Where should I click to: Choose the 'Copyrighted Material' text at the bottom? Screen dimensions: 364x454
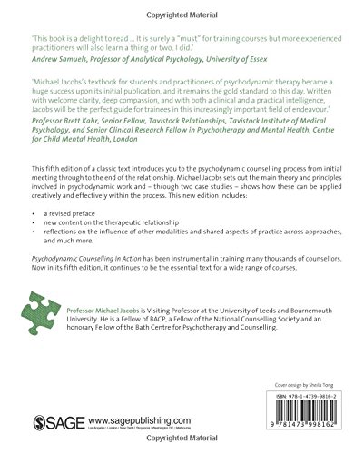coord(182,447)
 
